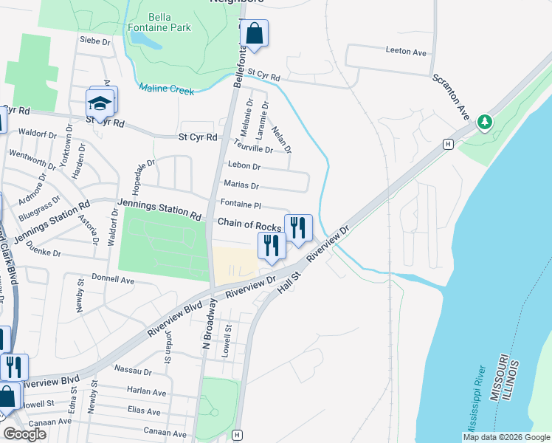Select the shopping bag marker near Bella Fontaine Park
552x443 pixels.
coord(254,34)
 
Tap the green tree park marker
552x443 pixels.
coord(485,121)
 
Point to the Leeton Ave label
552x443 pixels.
coord(406,52)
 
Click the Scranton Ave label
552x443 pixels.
coord(451,97)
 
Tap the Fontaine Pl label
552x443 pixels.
coord(241,204)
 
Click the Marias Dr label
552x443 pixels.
coord(241,186)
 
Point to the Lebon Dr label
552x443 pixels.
coord(244,166)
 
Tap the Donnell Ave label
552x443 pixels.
coord(113,279)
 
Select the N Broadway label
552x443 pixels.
coord(210,323)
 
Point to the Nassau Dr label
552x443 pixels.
coord(134,371)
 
